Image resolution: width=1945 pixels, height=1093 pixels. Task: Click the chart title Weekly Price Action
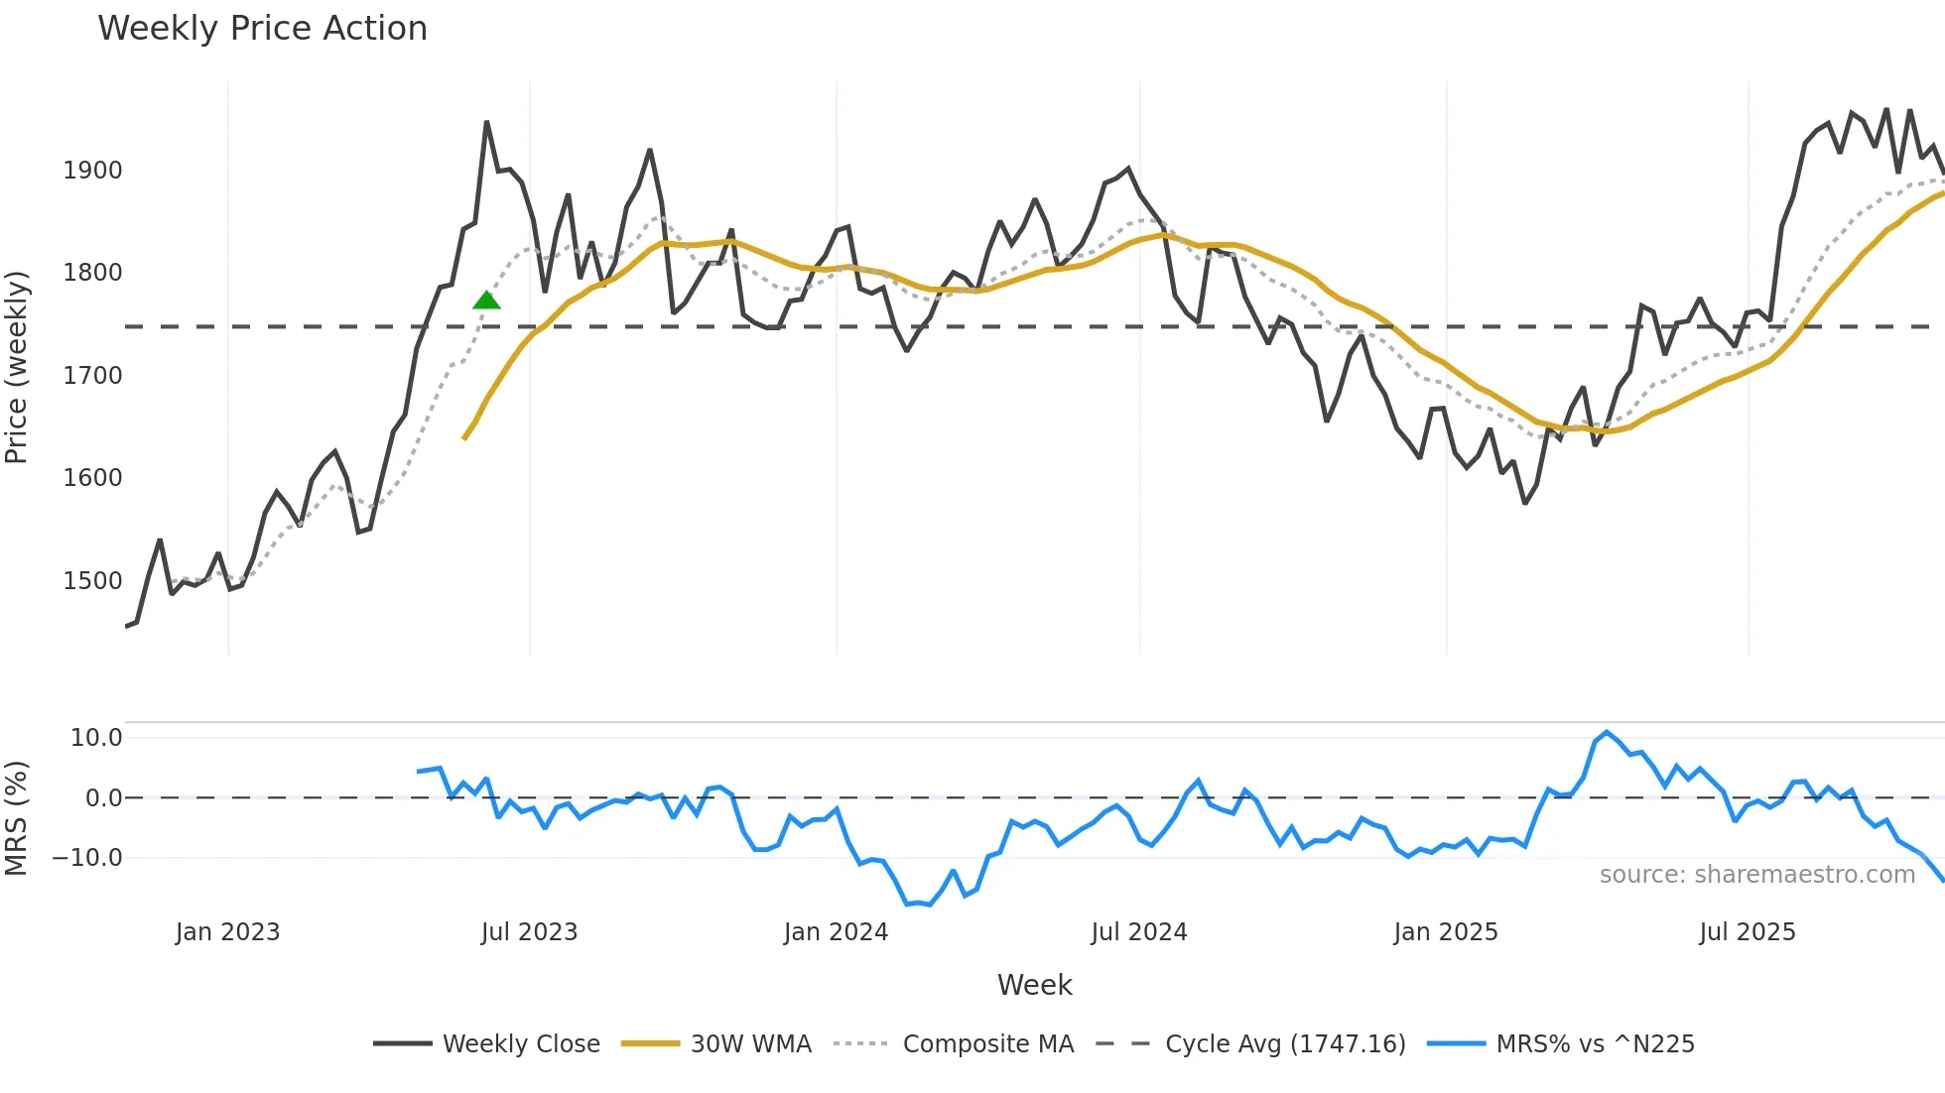(262, 29)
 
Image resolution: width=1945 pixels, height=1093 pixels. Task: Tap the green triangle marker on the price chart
(486, 300)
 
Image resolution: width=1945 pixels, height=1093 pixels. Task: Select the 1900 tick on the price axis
(92, 171)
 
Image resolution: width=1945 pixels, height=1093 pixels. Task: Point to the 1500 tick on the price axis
(92, 581)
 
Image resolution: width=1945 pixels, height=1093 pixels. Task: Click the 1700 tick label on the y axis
(92, 376)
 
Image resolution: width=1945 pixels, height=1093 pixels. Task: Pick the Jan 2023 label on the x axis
(227, 932)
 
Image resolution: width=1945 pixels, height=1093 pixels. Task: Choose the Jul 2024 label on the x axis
(1138, 932)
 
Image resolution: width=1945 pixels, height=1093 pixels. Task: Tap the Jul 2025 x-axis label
(1747, 932)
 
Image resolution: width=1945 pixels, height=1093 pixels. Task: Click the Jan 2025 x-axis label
(1445, 932)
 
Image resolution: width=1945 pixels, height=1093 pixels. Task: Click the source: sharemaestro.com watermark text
(1756, 875)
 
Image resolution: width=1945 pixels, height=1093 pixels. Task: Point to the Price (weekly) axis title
(17, 367)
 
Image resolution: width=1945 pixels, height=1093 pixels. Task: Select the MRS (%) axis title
(17, 818)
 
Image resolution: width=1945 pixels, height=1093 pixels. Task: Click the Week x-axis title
(1034, 985)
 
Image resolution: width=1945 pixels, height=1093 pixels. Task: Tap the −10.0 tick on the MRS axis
(87, 858)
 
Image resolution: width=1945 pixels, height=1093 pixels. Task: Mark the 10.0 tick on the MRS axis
(95, 738)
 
